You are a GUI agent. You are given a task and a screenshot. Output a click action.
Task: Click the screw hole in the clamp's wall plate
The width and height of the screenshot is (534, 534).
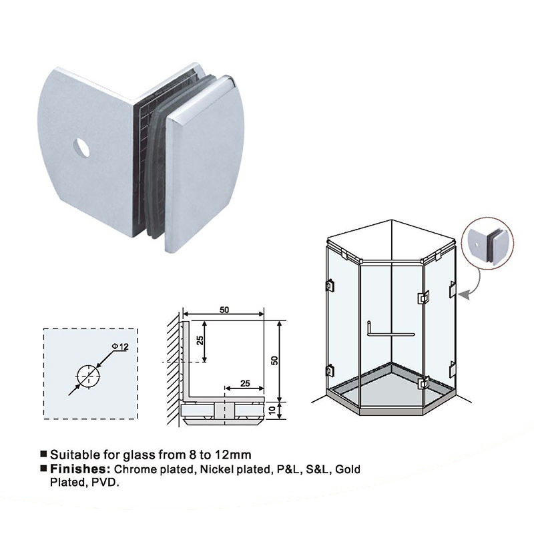coord(82,148)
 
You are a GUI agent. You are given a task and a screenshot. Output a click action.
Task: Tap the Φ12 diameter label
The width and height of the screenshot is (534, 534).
coord(120,346)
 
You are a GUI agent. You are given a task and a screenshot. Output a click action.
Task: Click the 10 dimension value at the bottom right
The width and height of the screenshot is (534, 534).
coord(272,410)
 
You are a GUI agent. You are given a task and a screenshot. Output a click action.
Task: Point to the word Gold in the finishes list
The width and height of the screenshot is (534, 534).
coord(348,469)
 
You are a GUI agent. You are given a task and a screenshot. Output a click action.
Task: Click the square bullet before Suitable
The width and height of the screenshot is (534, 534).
coord(43,454)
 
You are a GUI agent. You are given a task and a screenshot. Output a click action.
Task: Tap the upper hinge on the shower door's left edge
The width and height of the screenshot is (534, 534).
coord(330,285)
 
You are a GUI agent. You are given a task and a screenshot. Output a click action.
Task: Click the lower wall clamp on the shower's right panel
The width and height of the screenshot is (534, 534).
coord(453,369)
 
